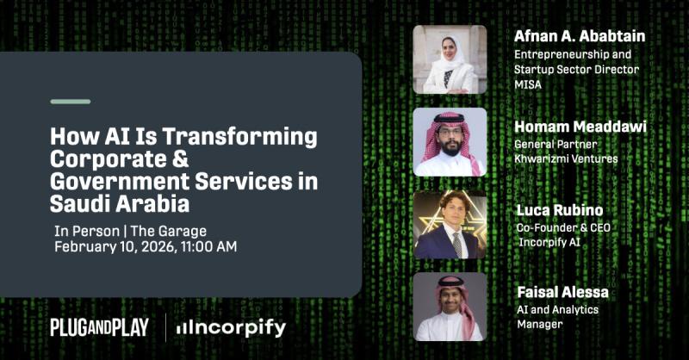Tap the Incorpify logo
(x=231, y=327)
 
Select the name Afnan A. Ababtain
(x=579, y=36)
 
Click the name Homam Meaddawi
(x=580, y=127)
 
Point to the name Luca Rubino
(x=559, y=209)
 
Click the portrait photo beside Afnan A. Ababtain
(x=450, y=59)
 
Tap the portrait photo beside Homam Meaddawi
(x=450, y=142)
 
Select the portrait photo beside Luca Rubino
(x=450, y=225)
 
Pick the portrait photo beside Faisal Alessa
(x=450, y=307)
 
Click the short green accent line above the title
(x=70, y=102)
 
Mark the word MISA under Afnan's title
(x=529, y=84)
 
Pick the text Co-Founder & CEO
(x=564, y=227)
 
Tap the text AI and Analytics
(x=557, y=309)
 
